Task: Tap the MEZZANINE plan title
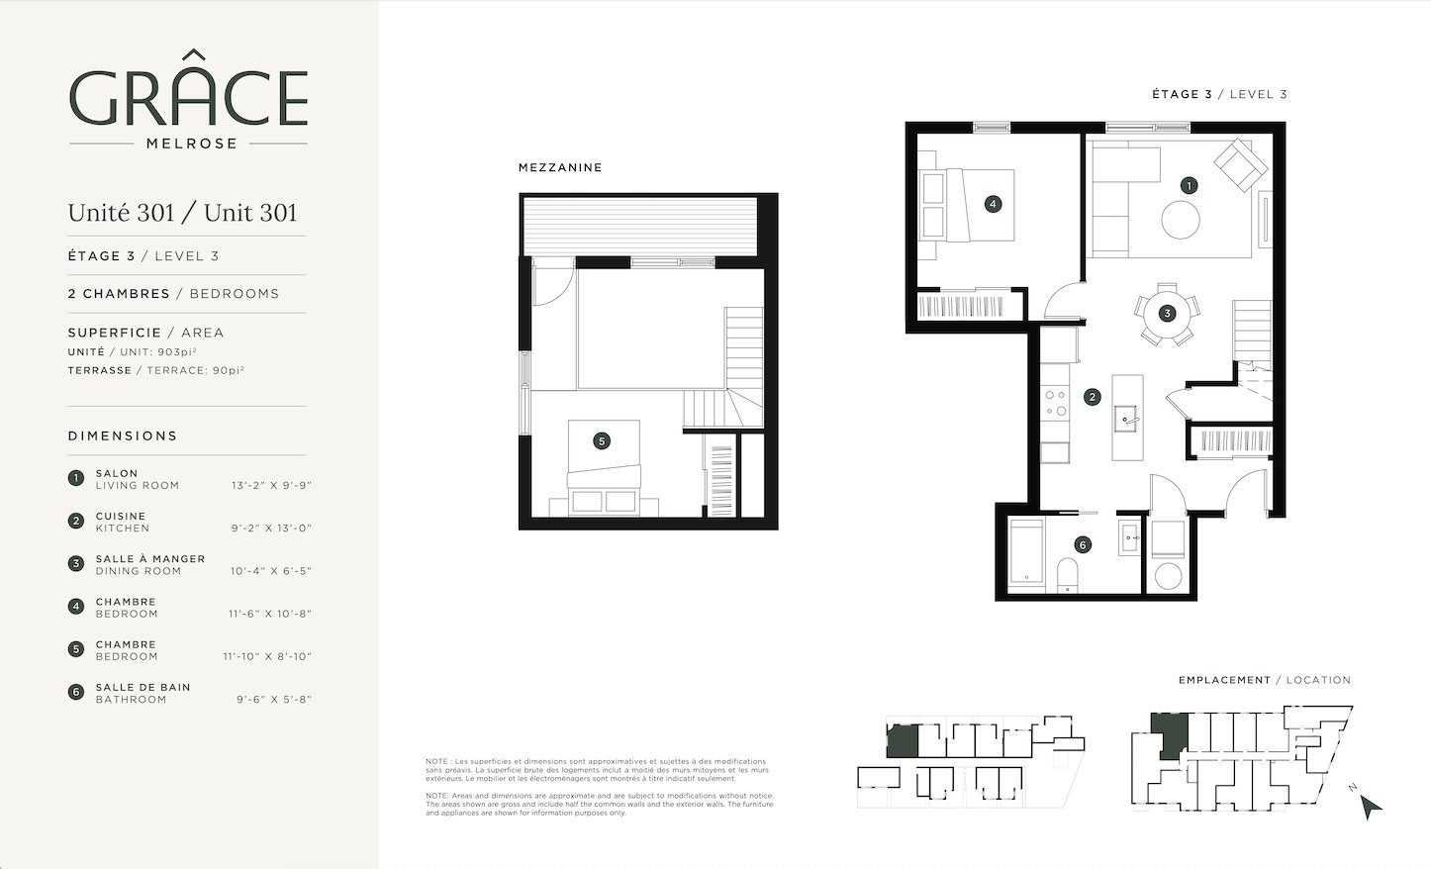pyautogui.click(x=560, y=167)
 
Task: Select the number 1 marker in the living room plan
pyautogui.click(x=1189, y=185)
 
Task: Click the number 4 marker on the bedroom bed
pyautogui.click(x=993, y=205)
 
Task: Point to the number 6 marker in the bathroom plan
pyautogui.click(x=1083, y=545)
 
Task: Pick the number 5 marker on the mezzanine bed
pyautogui.click(x=601, y=440)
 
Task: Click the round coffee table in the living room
pyautogui.click(x=1180, y=220)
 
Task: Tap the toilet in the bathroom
pyautogui.click(x=1068, y=574)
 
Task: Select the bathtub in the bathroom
pyautogui.click(x=1026, y=553)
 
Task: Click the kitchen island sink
pyautogui.click(x=1126, y=419)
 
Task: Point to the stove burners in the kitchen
pyautogui.click(x=1055, y=403)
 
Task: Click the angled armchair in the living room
pyautogui.click(x=1241, y=165)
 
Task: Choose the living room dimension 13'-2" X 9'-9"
pyautogui.click(x=271, y=486)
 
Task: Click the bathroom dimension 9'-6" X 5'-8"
pyautogui.click(x=274, y=700)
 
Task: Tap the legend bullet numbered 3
pyautogui.click(x=76, y=563)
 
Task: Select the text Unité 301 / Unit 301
pyautogui.click(x=183, y=213)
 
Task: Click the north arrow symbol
pyautogui.click(x=1370, y=806)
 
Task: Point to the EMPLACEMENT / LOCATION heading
pyautogui.click(x=1265, y=680)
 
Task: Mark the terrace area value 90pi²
pyautogui.click(x=228, y=370)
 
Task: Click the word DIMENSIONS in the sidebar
pyautogui.click(x=123, y=435)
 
